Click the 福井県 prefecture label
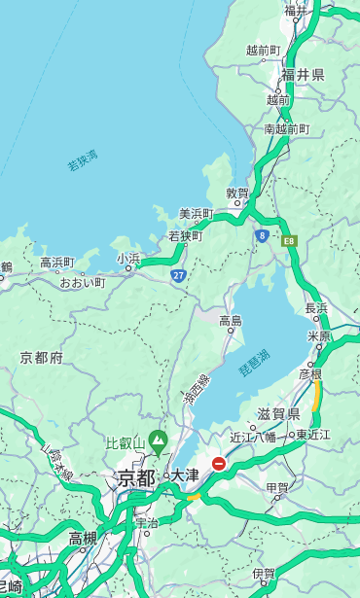[x=303, y=75]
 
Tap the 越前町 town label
[x=263, y=50]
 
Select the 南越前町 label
[x=286, y=128]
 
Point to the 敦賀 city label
[x=237, y=193]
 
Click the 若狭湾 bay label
[x=83, y=160]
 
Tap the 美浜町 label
[x=196, y=213]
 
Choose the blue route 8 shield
[x=262, y=235]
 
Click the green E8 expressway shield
[x=289, y=239]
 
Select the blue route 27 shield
[x=178, y=276]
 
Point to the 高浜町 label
[x=56, y=262]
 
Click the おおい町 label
[x=82, y=282]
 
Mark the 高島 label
[x=231, y=320]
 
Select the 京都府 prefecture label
[x=42, y=358]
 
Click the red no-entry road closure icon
[x=219, y=464]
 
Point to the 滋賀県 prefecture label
[x=278, y=414]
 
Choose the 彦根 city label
[x=309, y=374]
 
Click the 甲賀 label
[x=277, y=488]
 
